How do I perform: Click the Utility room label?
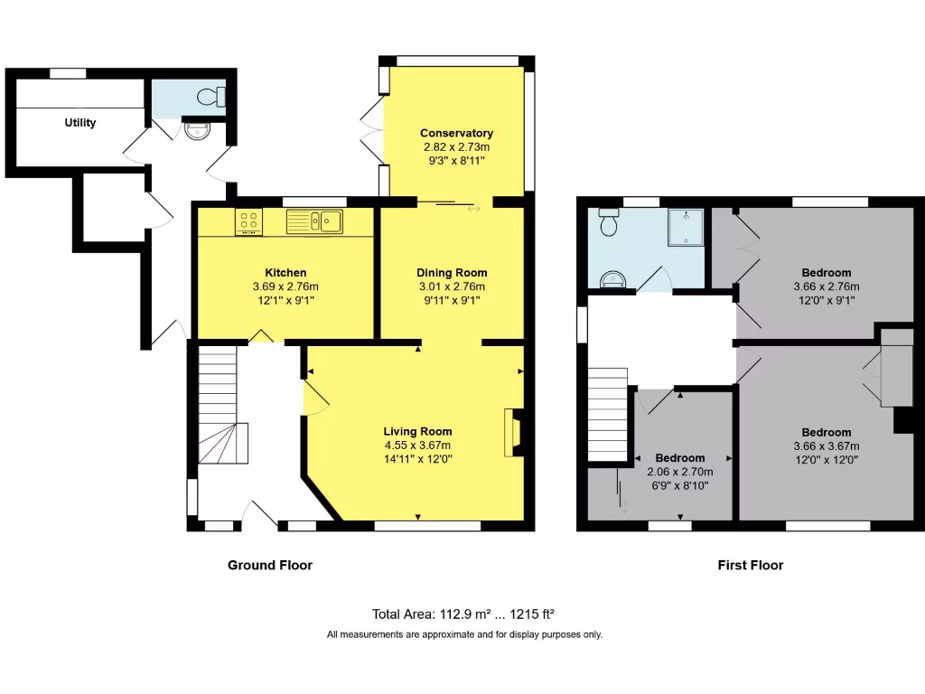click(x=79, y=123)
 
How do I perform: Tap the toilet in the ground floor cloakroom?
click(x=213, y=97)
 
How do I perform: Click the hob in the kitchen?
click(x=248, y=221)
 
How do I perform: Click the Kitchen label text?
click(x=285, y=273)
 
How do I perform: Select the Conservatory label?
click(x=456, y=134)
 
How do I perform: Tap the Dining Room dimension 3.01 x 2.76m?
click(x=452, y=286)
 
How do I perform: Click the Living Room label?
click(x=417, y=432)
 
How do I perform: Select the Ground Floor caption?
click(x=269, y=566)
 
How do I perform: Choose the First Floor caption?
click(x=750, y=566)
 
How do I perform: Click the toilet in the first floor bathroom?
click(x=609, y=222)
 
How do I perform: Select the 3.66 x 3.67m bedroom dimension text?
click(x=826, y=445)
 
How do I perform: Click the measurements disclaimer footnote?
click(x=463, y=635)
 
